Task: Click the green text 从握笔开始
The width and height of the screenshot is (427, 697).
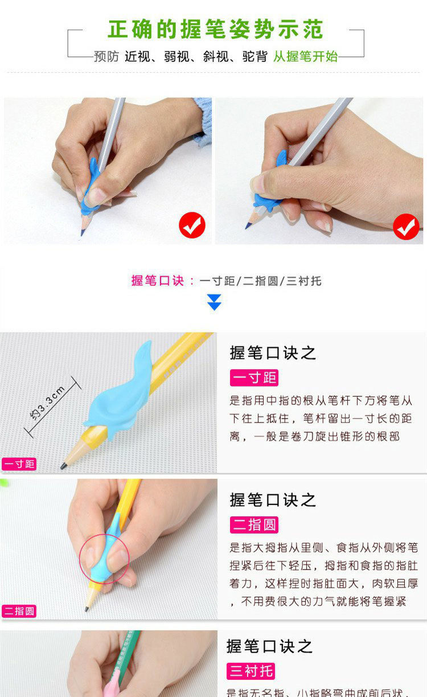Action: [x=305, y=56]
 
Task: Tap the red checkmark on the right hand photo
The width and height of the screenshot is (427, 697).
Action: [x=406, y=227]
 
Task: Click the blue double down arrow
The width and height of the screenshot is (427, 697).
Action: [x=214, y=302]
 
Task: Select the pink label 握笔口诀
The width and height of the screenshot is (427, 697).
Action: [x=158, y=281]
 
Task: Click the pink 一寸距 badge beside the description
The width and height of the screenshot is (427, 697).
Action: [x=254, y=378]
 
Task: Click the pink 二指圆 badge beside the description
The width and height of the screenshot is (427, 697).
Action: [x=254, y=524]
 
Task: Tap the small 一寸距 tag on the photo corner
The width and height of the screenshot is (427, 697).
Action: [x=19, y=464]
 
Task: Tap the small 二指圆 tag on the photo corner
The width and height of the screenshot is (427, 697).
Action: [x=19, y=611]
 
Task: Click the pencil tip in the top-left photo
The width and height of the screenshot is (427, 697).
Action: [x=83, y=232]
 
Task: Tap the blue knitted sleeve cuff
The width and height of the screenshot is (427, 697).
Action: [x=202, y=120]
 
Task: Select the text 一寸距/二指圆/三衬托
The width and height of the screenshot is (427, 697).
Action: [x=260, y=281]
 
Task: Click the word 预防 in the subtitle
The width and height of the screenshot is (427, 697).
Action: [x=106, y=56]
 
